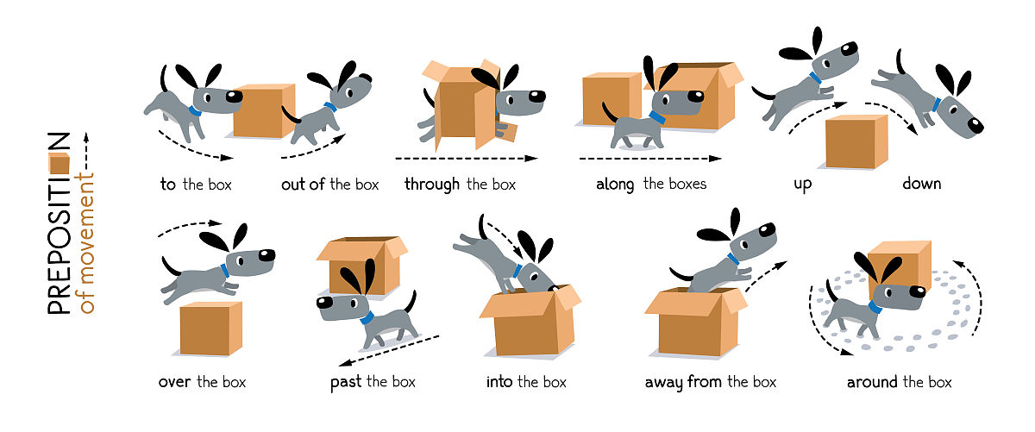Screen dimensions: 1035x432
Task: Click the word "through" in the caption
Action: [432, 185]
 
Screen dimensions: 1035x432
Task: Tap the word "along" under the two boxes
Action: [615, 185]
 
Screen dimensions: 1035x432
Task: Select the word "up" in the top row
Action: [803, 185]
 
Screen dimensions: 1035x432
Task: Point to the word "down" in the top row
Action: [922, 184]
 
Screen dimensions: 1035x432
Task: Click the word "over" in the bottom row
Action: [174, 383]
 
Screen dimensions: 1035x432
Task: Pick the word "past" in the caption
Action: [346, 383]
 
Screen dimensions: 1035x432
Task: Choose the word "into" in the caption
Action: [499, 382]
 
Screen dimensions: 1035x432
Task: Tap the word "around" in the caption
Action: [872, 382]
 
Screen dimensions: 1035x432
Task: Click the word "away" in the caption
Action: [663, 383]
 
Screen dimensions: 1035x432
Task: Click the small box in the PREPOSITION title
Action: [60, 164]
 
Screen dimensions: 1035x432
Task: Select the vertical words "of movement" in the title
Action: [86, 243]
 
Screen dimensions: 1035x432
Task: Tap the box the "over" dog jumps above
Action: [210, 329]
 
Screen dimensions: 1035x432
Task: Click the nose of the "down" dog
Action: [975, 126]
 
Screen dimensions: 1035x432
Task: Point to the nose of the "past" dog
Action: [324, 303]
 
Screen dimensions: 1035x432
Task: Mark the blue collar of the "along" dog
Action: [657, 117]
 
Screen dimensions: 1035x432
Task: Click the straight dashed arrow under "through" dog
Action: [467, 159]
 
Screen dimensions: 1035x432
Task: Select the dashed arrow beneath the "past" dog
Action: [389, 350]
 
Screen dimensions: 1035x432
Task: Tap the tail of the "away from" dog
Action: [681, 274]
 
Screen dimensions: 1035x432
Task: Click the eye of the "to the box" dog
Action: [208, 97]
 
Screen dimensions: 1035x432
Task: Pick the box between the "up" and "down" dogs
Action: [856, 141]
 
